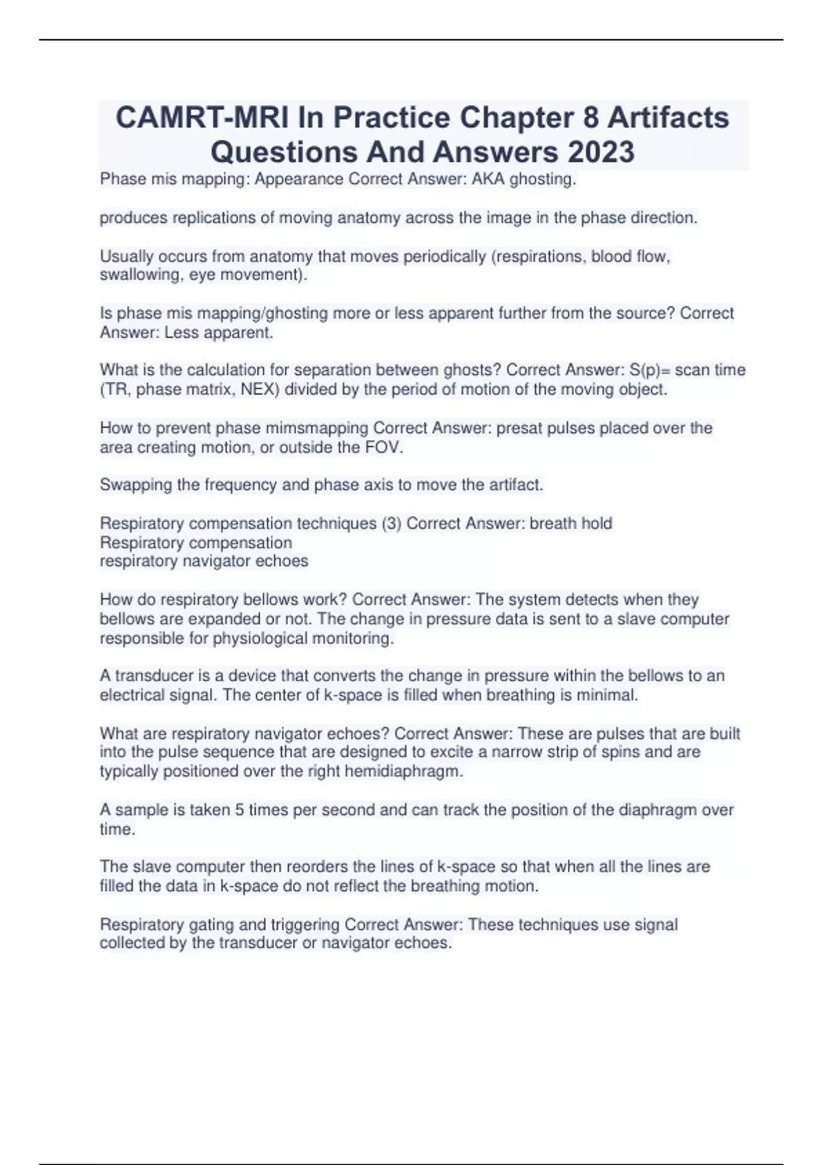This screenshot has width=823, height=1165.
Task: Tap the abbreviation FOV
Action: [385, 447]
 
